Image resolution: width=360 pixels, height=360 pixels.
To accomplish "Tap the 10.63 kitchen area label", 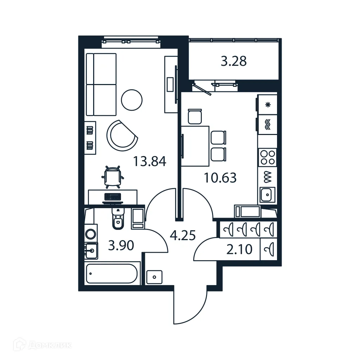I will click(220, 178).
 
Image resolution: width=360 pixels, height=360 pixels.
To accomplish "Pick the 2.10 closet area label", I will click(240, 250).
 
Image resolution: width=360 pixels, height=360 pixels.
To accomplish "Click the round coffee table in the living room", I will click(131, 100).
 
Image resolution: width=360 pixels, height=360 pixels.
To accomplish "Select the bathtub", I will click(112, 274).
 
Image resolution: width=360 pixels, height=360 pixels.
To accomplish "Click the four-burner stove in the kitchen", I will click(267, 157).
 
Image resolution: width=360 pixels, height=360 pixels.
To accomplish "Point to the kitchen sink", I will click(268, 194).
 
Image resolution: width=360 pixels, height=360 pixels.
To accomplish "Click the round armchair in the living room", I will click(121, 136).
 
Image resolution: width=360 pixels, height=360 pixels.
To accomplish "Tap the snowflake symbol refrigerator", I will click(268, 105).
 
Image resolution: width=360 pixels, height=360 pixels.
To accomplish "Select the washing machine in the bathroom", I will click(91, 233).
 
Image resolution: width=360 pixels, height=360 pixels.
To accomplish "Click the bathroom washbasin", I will click(91, 251).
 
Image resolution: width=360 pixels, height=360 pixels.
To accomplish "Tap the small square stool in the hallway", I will click(154, 277).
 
